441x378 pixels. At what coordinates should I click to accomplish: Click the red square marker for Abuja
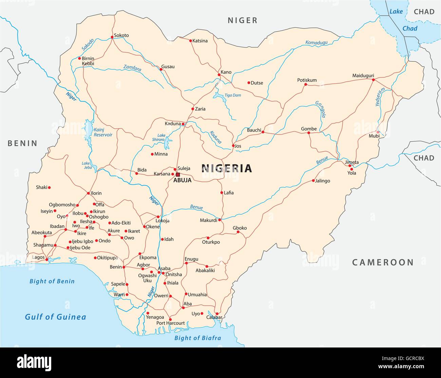click(x=178, y=175)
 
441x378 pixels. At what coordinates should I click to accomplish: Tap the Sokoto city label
click(x=121, y=35)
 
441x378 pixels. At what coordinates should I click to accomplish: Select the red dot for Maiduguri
click(x=373, y=80)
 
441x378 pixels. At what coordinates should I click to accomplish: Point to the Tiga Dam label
click(x=232, y=95)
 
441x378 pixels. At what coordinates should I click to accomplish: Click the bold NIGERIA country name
click(x=227, y=168)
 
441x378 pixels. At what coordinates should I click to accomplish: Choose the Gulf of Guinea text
click(x=55, y=317)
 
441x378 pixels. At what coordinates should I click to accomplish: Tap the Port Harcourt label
click(x=170, y=323)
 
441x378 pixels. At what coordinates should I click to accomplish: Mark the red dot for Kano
click(x=219, y=75)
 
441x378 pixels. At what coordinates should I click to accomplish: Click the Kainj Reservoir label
click(x=103, y=132)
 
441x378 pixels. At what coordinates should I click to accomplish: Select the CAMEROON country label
click(x=383, y=262)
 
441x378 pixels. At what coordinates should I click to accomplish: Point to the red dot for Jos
click(x=233, y=146)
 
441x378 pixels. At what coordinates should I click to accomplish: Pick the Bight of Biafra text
click(x=197, y=338)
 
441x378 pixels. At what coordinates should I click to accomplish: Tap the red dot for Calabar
click(x=217, y=314)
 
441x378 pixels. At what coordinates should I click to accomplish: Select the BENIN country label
click(x=22, y=143)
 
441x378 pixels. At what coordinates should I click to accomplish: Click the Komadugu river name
click(x=316, y=42)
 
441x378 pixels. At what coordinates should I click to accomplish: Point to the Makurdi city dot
click(x=219, y=220)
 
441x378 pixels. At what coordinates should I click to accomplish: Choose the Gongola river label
click(x=320, y=110)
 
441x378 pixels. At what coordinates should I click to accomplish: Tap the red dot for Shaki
click(x=49, y=187)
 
